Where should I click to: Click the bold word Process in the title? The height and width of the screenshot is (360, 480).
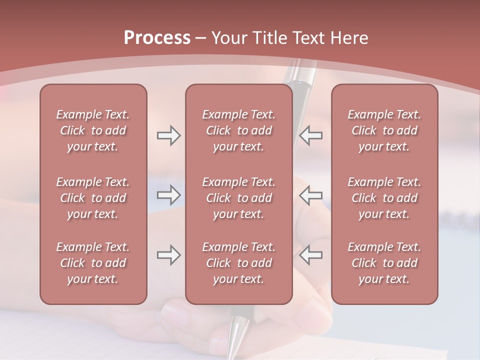(x=157, y=38)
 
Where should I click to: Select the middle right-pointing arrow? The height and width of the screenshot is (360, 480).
(x=168, y=195)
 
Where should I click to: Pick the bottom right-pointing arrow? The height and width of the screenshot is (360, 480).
(x=168, y=255)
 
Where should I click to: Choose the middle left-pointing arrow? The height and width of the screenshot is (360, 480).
(x=311, y=195)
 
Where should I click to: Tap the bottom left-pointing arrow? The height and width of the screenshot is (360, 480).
(x=311, y=255)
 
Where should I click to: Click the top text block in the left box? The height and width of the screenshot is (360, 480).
(x=93, y=130)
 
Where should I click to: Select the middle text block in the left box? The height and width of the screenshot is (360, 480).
(x=93, y=198)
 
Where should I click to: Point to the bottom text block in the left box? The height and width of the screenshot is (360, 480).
(x=93, y=263)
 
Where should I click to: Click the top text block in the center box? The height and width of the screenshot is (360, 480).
(x=238, y=130)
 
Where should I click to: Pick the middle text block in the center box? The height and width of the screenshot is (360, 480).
(x=238, y=198)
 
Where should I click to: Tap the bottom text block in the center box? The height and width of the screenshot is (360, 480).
(x=238, y=263)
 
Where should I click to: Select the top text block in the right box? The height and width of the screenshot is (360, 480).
(x=384, y=130)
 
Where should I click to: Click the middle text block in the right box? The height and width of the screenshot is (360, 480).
(x=384, y=198)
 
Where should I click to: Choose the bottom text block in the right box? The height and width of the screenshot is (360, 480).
(x=384, y=263)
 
